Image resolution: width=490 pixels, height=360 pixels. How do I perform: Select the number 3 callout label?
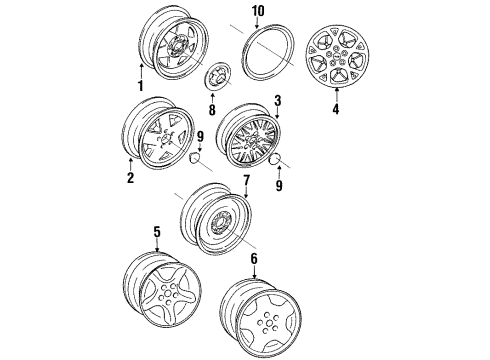(x=278, y=102)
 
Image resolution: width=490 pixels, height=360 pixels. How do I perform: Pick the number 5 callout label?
(x=156, y=232)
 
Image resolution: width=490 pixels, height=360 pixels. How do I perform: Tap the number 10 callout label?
(x=258, y=11)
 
